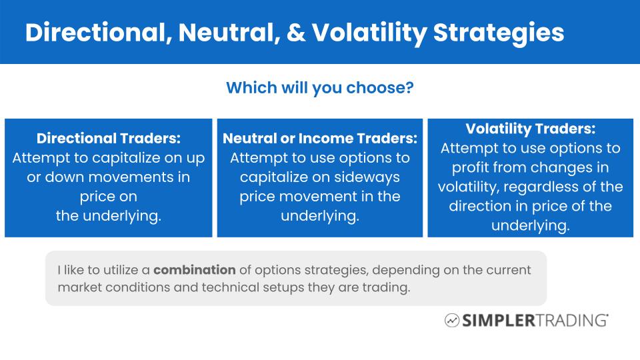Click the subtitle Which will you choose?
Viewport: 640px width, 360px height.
click(319, 88)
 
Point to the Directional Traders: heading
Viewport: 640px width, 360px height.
click(109, 139)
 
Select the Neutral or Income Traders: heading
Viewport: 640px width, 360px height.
click(320, 139)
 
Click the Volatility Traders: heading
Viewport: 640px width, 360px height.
click(531, 128)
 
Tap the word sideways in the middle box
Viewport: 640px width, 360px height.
click(368, 177)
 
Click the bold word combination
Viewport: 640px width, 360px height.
click(195, 271)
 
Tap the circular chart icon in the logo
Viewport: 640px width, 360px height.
click(452, 321)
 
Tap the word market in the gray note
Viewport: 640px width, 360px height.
click(77, 288)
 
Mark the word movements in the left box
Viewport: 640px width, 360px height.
click(117, 178)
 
